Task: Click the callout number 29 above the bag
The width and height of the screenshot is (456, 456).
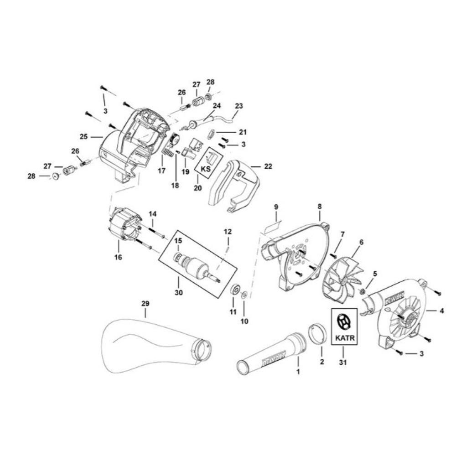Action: click(x=145, y=303)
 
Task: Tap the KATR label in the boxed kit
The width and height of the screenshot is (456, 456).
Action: click(x=344, y=339)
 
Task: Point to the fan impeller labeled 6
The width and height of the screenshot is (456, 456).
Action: click(x=343, y=278)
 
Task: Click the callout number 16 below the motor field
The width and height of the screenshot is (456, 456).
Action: click(x=118, y=257)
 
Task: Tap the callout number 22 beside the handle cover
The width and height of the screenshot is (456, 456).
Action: click(x=268, y=166)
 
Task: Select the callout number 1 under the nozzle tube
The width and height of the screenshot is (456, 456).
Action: click(x=298, y=372)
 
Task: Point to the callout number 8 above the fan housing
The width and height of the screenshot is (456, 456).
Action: click(x=319, y=206)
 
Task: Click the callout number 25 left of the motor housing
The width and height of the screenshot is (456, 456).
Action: click(x=83, y=136)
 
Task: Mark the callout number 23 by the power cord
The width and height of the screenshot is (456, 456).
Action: click(x=239, y=106)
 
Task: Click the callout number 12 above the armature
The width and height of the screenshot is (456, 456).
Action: click(x=228, y=232)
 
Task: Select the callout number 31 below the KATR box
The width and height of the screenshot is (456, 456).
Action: click(x=344, y=363)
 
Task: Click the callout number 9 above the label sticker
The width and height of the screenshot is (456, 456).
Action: click(x=276, y=207)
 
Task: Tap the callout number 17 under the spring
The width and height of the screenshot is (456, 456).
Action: click(x=161, y=171)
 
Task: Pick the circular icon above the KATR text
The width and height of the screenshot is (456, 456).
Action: click(x=344, y=322)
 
